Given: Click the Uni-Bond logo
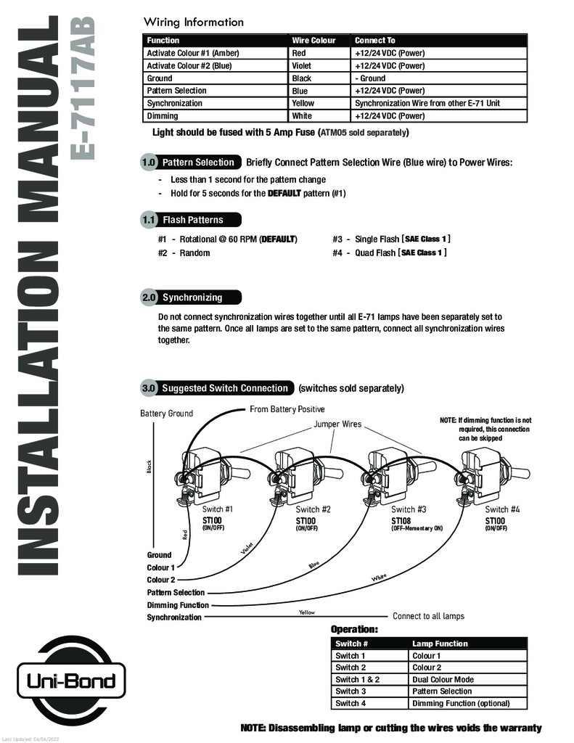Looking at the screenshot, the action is coord(72,681).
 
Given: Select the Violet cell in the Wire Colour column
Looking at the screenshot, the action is coord(301,66).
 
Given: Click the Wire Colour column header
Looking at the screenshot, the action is coord(313,41).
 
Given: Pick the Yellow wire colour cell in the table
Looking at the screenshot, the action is coord(303,103).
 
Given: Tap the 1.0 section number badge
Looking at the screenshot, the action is coord(148,162).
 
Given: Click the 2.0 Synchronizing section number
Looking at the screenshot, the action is coord(149,297).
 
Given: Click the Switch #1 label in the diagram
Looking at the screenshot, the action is coord(218,509).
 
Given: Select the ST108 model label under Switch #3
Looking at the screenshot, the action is coord(401,521).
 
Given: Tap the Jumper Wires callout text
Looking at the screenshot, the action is coord(337,424).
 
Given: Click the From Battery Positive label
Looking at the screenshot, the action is coord(287,409).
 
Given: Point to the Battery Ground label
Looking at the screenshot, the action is coord(166,413).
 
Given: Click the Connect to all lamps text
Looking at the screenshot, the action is coord(428,616).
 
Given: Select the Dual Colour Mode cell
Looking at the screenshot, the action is coord(443,679).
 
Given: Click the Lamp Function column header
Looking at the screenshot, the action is coord(440,644).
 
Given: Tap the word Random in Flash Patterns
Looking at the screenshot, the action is coord(194,253).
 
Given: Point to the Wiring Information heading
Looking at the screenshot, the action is coord(193,22).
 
